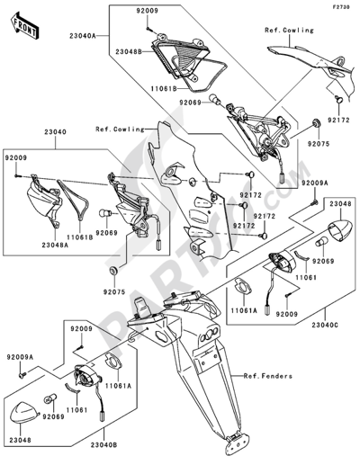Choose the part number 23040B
[x=104, y=443]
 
